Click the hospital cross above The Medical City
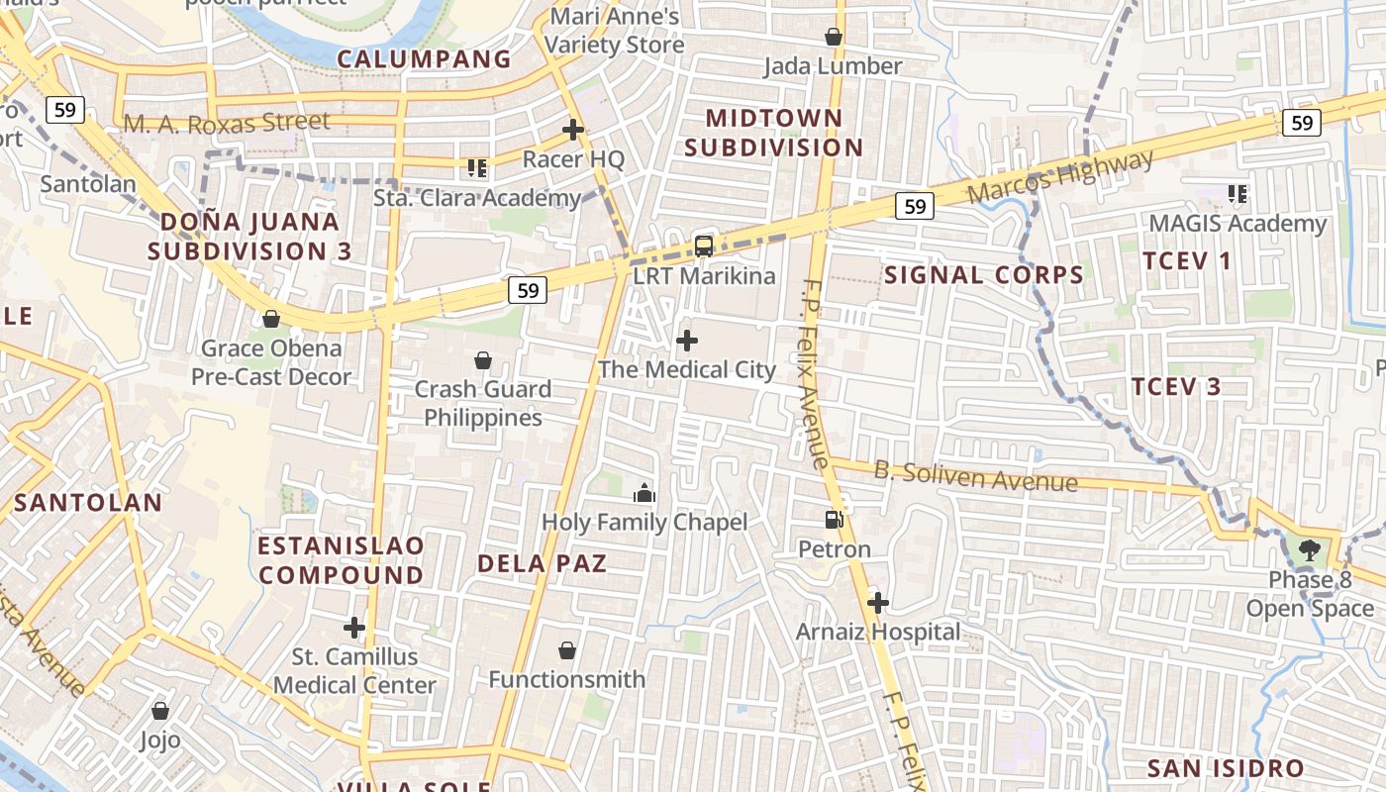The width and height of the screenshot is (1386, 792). point(686,341)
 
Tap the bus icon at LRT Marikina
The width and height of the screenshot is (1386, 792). point(704,247)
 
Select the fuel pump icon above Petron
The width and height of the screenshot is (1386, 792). point(835,519)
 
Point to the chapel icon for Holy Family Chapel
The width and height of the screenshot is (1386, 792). point(644,492)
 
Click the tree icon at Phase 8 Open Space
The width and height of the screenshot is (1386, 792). point(1311,549)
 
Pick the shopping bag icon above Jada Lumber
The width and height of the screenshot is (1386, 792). point(834,37)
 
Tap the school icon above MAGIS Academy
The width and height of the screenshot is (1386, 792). point(1237,194)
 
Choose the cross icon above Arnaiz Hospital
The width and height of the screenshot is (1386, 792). point(877,602)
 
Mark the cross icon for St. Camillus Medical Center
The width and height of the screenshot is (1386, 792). point(354,627)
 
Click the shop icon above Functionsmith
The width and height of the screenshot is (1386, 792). point(567,650)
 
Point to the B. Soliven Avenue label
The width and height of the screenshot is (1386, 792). point(975,476)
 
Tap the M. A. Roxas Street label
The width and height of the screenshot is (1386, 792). point(227,123)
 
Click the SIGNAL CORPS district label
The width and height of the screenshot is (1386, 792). point(984,275)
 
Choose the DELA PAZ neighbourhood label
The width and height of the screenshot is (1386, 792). point(542,563)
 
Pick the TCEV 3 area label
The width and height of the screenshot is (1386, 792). point(1176,386)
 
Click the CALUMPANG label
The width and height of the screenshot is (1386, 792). point(424,59)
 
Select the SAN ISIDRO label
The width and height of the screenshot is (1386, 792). point(1225,768)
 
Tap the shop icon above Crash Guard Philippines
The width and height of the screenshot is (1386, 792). point(483,360)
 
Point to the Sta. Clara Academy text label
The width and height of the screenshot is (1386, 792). point(477,198)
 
